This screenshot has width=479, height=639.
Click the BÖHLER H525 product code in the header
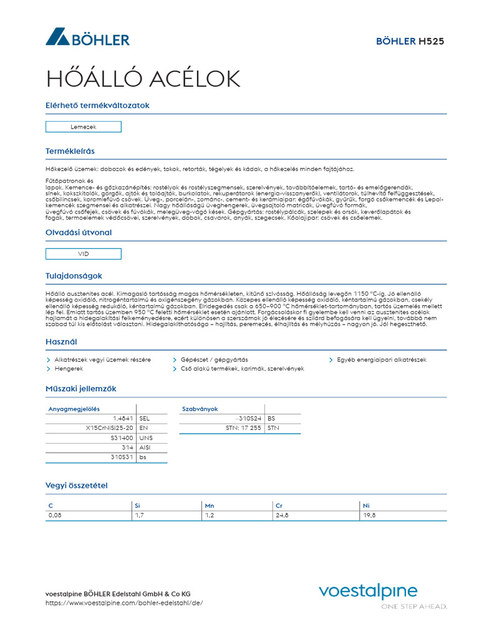[410, 41]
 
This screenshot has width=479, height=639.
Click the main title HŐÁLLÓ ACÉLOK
[143, 79]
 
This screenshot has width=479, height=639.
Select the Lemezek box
[84, 127]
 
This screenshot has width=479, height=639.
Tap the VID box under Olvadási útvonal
[84, 254]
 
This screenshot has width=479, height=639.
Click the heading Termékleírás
[70, 151]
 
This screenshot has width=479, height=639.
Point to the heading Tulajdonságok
[74, 276]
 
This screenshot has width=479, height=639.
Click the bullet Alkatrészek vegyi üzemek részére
[102, 360]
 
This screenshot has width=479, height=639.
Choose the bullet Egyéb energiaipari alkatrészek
[382, 360]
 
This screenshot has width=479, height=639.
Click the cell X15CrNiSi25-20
[109, 428]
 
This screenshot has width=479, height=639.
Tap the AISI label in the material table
[145, 447]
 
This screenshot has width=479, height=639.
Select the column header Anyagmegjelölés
[74, 409]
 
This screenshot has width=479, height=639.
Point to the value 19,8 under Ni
[369, 515]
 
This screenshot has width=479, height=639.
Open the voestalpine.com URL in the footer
[124, 603]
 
